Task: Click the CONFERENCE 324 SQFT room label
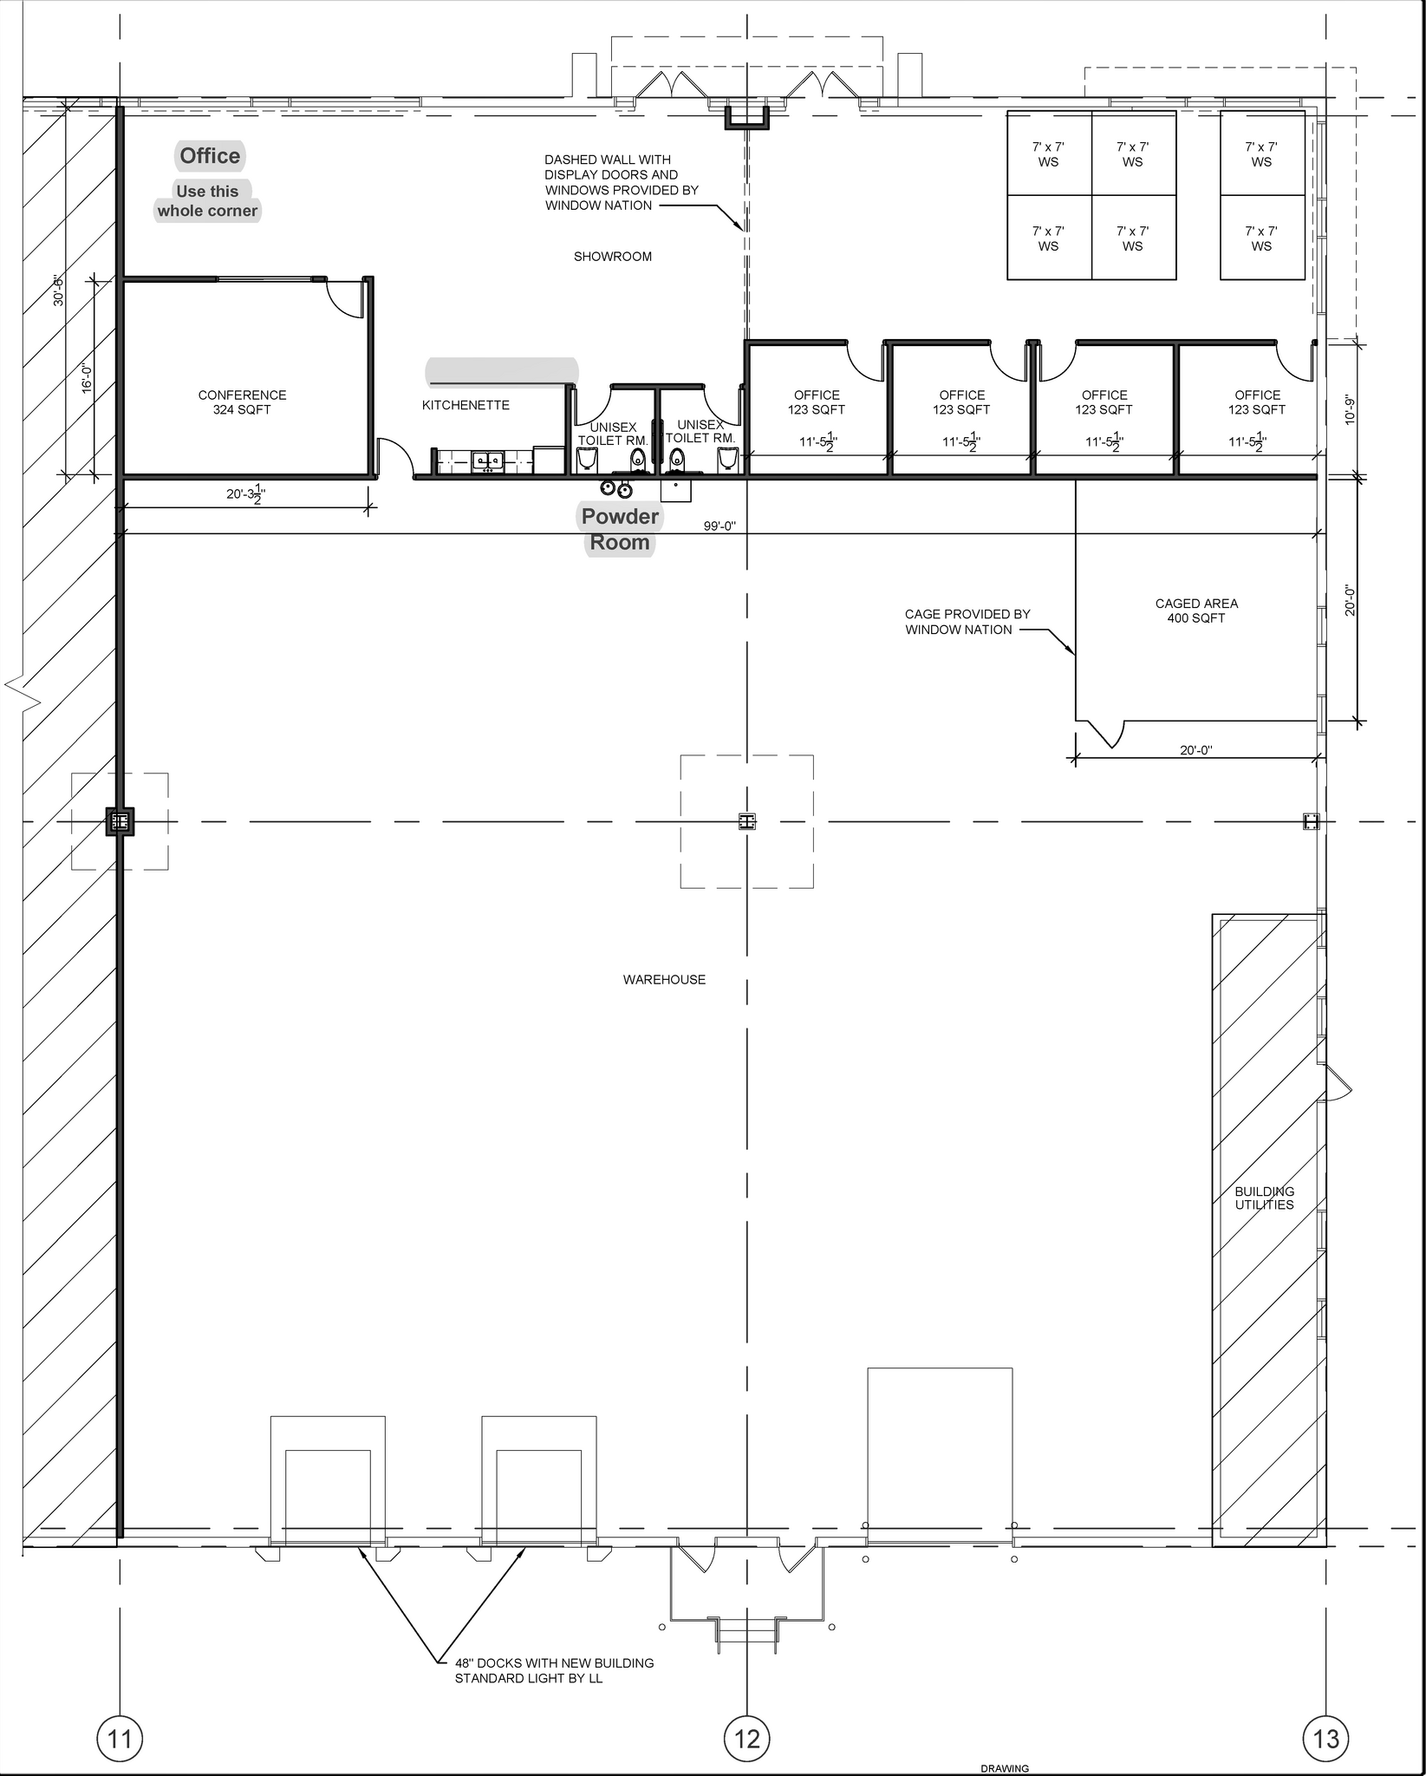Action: pyautogui.click(x=242, y=402)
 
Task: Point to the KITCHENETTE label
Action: pyautogui.click(x=466, y=405)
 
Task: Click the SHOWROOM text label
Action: pyautogui.click(x=613, y=257)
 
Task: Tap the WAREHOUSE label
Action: pyautogui.click(x=664, y=980)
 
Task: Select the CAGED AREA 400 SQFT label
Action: pyautogui.click(x=1196, y=610)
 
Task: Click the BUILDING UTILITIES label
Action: pyautogui.click(x=1264, y=1198)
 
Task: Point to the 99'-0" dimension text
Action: pyautogui.click(x=720, y=526)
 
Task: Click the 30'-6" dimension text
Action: pyautogui.click(x=59, y=290)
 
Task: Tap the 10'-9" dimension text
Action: pyautogui.click(x=1349, y=410)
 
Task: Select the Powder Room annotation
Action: pyautogui.click(x=620, y=529)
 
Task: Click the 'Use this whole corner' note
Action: pyautogui.click(x=207, y=201)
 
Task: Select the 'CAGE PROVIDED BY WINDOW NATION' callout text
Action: pyautogui.click(x=967, y=622)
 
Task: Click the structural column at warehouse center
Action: pyautogui.click(x=747, y=821)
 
